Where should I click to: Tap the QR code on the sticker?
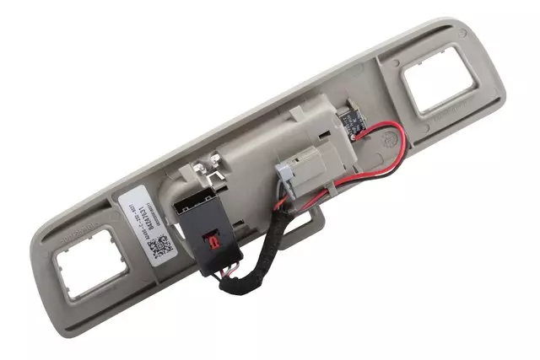point(165,247)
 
